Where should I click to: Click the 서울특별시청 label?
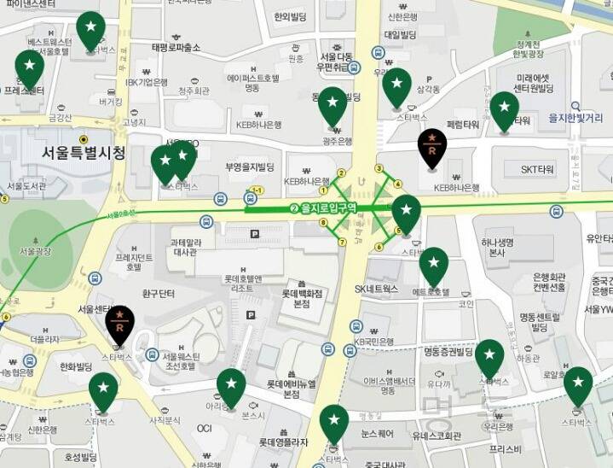84,154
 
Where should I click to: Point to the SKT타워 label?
537,170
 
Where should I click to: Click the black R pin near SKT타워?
432,148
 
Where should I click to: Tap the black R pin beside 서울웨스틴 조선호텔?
120,322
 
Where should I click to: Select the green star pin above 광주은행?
333,104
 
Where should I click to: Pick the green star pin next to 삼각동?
396,85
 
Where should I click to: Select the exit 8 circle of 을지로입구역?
323,224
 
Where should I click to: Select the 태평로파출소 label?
176,47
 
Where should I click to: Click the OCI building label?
204,428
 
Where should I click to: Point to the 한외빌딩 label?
290,16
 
